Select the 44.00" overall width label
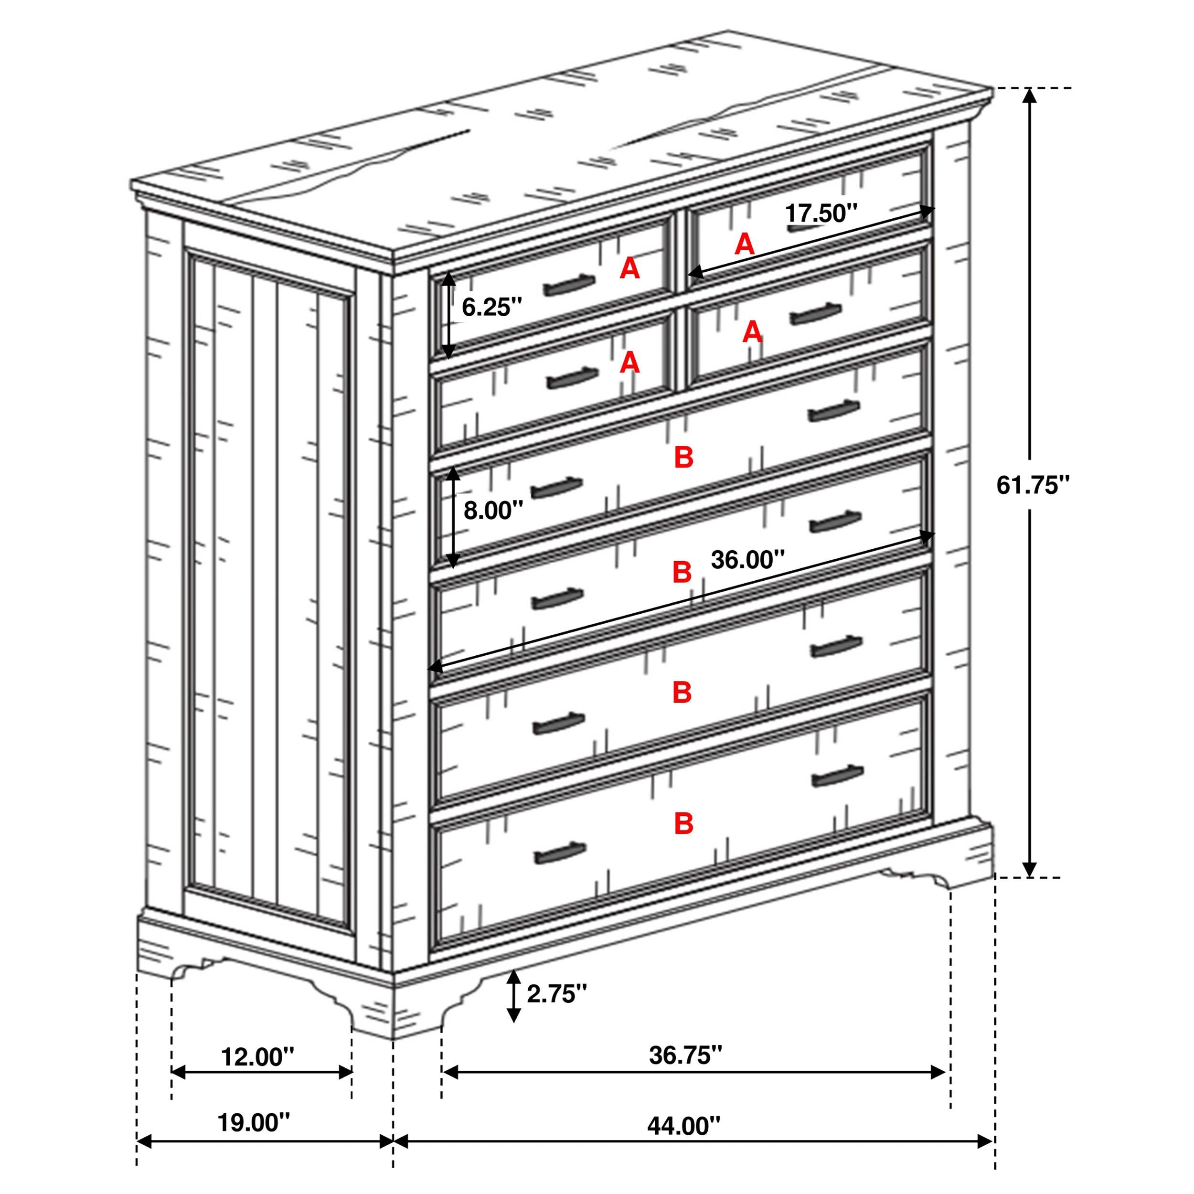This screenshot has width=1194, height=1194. (x=683, y=1126)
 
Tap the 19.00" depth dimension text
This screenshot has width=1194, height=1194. (x=254, y=1122)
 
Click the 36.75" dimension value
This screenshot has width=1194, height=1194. (x=685, y=1055)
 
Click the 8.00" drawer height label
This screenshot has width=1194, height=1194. (x=493, y=511)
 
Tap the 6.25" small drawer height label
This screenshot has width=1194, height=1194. (x=492, y=307)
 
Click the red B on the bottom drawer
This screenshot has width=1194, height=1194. (x=683, y=824)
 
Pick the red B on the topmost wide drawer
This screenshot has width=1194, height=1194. (x=683, y=458)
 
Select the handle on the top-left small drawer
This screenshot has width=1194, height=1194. (x=569, y=285)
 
